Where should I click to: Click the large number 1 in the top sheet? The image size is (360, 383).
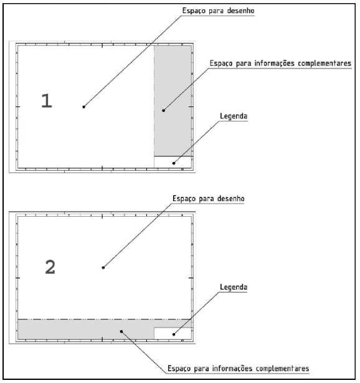(x=47, y=101)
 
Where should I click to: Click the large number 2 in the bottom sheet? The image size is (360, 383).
(x=50, y=267)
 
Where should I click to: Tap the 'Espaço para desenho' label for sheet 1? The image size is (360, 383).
(x=219, y=11)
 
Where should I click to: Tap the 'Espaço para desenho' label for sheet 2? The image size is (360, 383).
(x=208, y=198)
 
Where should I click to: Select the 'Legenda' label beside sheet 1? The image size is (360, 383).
(x=234, y=116)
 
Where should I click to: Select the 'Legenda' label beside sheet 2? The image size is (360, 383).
(x=234, y=287)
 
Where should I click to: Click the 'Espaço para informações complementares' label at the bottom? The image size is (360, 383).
(x=239, y=368)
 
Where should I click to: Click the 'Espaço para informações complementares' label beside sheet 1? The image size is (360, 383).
(x=280, y=64)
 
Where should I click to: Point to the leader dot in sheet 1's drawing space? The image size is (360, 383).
(x=84, y=106)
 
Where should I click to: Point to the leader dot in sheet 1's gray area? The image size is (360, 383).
(x=164, y=110)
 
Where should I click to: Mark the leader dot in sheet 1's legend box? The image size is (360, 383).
(x=174, y=163)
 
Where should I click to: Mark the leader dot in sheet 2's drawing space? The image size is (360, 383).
(x=103, y=268)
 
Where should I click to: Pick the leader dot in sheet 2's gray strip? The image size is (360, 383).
(x=121, y=331)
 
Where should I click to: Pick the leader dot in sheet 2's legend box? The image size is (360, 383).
(x=174, y=334)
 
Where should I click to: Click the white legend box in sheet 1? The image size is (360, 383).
(x=173, y=162)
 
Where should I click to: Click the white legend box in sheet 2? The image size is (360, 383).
(x=173, y=333)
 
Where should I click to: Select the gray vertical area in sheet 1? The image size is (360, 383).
(x=173, y=101)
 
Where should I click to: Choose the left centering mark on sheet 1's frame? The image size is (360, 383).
(x=18, y=106)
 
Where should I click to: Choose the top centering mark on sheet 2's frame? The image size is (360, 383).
(x=102, y=216)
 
